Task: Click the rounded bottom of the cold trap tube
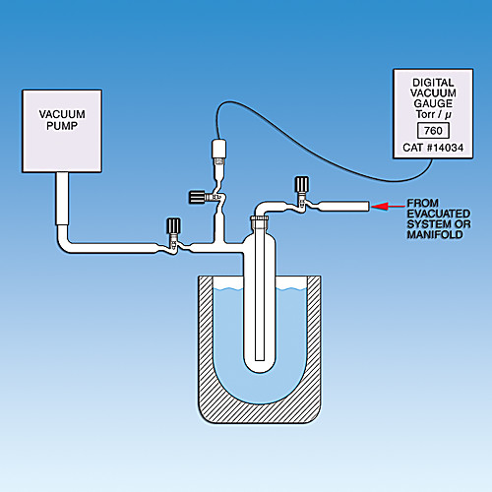[260, 365]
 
